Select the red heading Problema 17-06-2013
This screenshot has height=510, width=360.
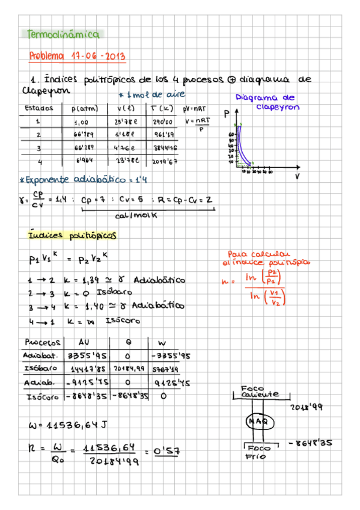click(77, 57)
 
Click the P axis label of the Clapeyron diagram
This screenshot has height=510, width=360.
click(227, 113)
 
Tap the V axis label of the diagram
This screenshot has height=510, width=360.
click(297, 176)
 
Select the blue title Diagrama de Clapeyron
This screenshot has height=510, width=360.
click(266, 102)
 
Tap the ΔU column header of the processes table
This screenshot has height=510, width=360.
click(84, 343)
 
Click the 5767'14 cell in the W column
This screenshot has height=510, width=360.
click(163, 368)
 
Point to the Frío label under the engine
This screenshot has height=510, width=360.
click(252, 457)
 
